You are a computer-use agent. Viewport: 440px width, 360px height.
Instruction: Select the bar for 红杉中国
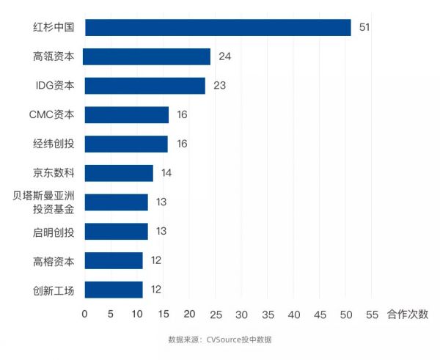pos(218,28)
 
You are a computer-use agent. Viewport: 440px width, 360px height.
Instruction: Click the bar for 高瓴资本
pos(147,56)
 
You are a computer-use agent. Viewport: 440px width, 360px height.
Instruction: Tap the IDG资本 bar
pos(144,86)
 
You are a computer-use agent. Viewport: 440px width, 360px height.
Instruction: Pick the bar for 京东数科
pos(119,173)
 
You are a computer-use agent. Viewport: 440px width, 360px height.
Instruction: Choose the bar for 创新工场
pos(114,290)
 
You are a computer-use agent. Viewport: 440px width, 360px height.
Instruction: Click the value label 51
pos(364,28)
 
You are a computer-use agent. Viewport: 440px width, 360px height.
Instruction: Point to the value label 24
pos(224,56)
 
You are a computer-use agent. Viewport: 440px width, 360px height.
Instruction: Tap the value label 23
pos(219,86)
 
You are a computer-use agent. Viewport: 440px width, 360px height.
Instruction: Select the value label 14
pos(166,173)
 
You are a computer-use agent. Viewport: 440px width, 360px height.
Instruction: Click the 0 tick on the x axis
pos(84,314)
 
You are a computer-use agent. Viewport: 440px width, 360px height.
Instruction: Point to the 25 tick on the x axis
pos(216,314)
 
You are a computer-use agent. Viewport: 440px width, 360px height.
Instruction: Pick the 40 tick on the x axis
pos(294,314)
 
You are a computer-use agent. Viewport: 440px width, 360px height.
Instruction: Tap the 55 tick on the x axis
pos(373,314)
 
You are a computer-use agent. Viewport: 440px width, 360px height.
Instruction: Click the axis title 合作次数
pos(407,314)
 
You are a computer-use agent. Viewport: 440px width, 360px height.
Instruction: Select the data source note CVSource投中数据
pos(220,339)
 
